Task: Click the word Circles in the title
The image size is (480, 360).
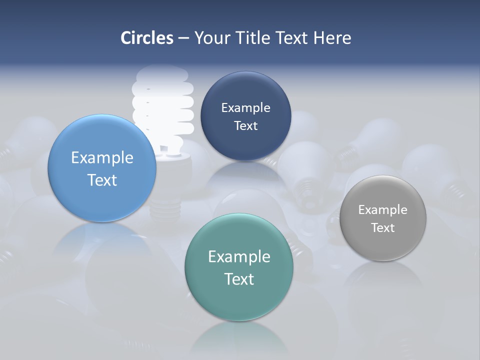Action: coord(147,38)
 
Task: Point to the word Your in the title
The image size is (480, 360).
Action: coord(211,38)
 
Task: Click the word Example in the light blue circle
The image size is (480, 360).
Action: coord(102,158)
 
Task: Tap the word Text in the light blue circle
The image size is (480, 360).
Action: coord(102,180)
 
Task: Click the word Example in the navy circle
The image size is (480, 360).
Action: coord(245,108)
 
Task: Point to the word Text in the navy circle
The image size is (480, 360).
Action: coord(245,125)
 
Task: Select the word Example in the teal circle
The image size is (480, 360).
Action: coord(239,257)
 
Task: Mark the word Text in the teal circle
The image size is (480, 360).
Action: coord(239,279)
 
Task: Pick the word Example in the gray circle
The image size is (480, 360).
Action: coord(382,210)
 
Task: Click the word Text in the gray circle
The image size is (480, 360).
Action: coord(382,228)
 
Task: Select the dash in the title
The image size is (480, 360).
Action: coord(183,38)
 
